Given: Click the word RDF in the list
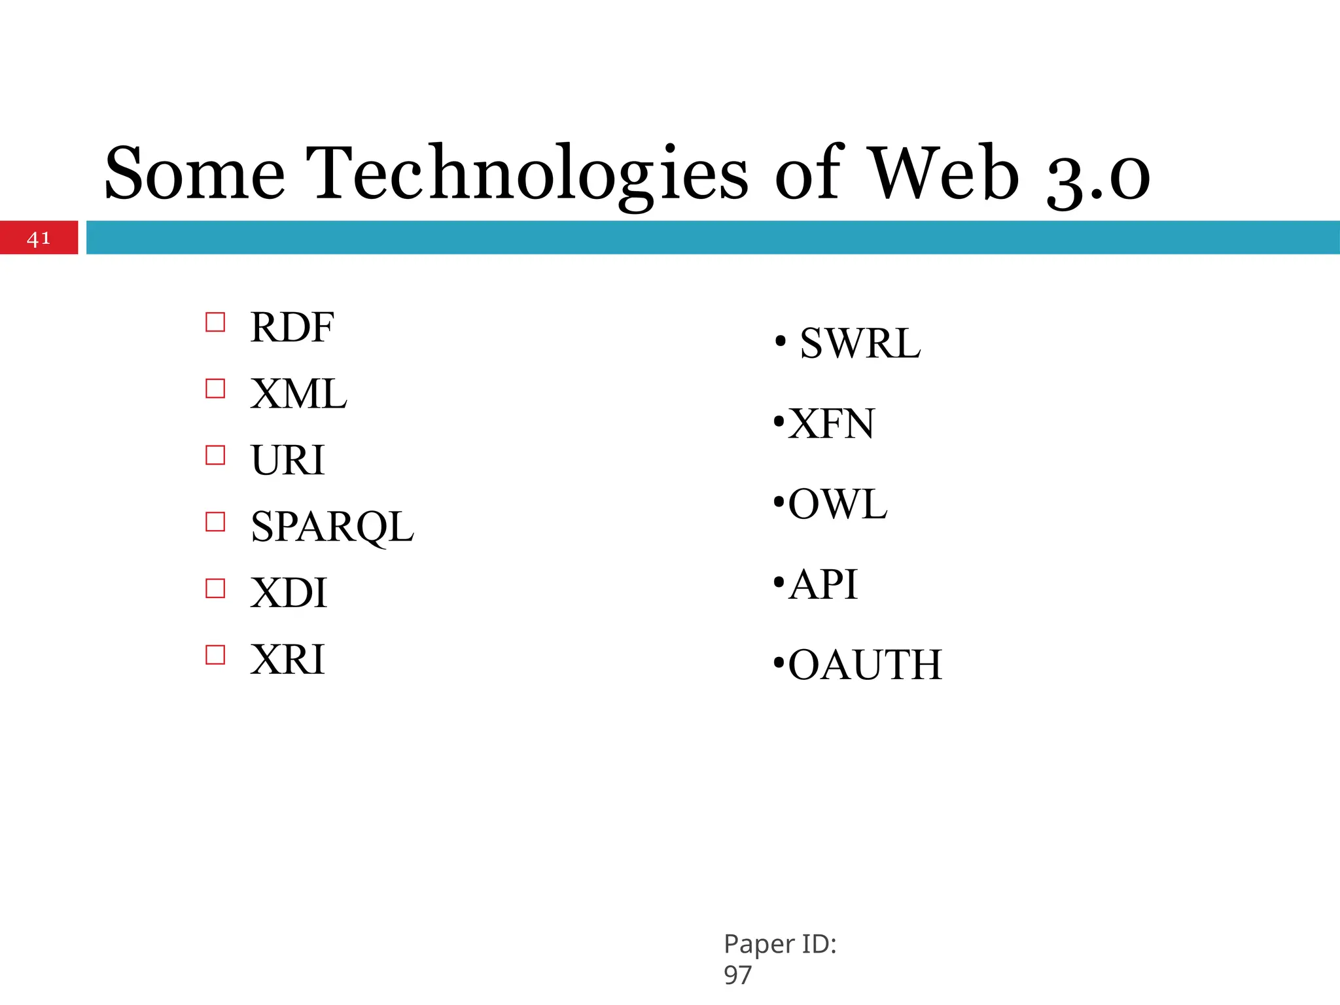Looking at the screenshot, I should click(292, 327).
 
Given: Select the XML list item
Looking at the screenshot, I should click(298, 394).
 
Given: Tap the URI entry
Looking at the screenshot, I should click(287, 460).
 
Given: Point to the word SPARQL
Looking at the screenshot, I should click(332, 527).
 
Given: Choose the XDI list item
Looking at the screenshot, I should click(289, 593).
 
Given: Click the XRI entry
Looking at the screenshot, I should click(287, 659).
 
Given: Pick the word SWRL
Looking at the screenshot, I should click(860, 343).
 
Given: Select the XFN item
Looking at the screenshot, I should click(831, 423).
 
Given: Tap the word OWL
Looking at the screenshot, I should click(837, 504).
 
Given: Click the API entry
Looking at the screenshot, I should click(822, 584).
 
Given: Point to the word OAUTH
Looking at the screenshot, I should click(865, 665).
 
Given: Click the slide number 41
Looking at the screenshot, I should click(39, 238).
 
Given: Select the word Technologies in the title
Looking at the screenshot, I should click(530, 173).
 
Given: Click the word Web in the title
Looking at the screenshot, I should click(945, 173).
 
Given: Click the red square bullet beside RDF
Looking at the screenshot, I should click(215, 323).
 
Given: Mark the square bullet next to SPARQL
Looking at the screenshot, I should click(215, 522).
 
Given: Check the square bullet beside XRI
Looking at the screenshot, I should click(215, 655).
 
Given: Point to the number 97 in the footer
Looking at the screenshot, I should click(737, 975).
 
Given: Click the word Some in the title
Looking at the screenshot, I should click(195, 173).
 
